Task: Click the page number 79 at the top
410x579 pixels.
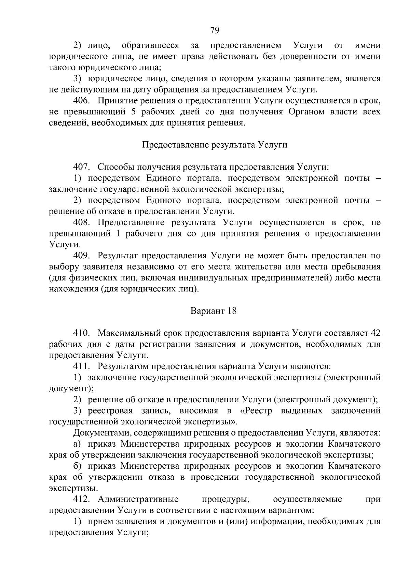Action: (x=215, y=30)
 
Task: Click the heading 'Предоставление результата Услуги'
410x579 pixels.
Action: (x=215, y=145)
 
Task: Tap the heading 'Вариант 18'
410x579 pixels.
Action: (x=213, y=311)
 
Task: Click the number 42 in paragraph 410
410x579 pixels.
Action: (x=375, y=333)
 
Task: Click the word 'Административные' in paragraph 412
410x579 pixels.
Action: (x=138, y=499)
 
